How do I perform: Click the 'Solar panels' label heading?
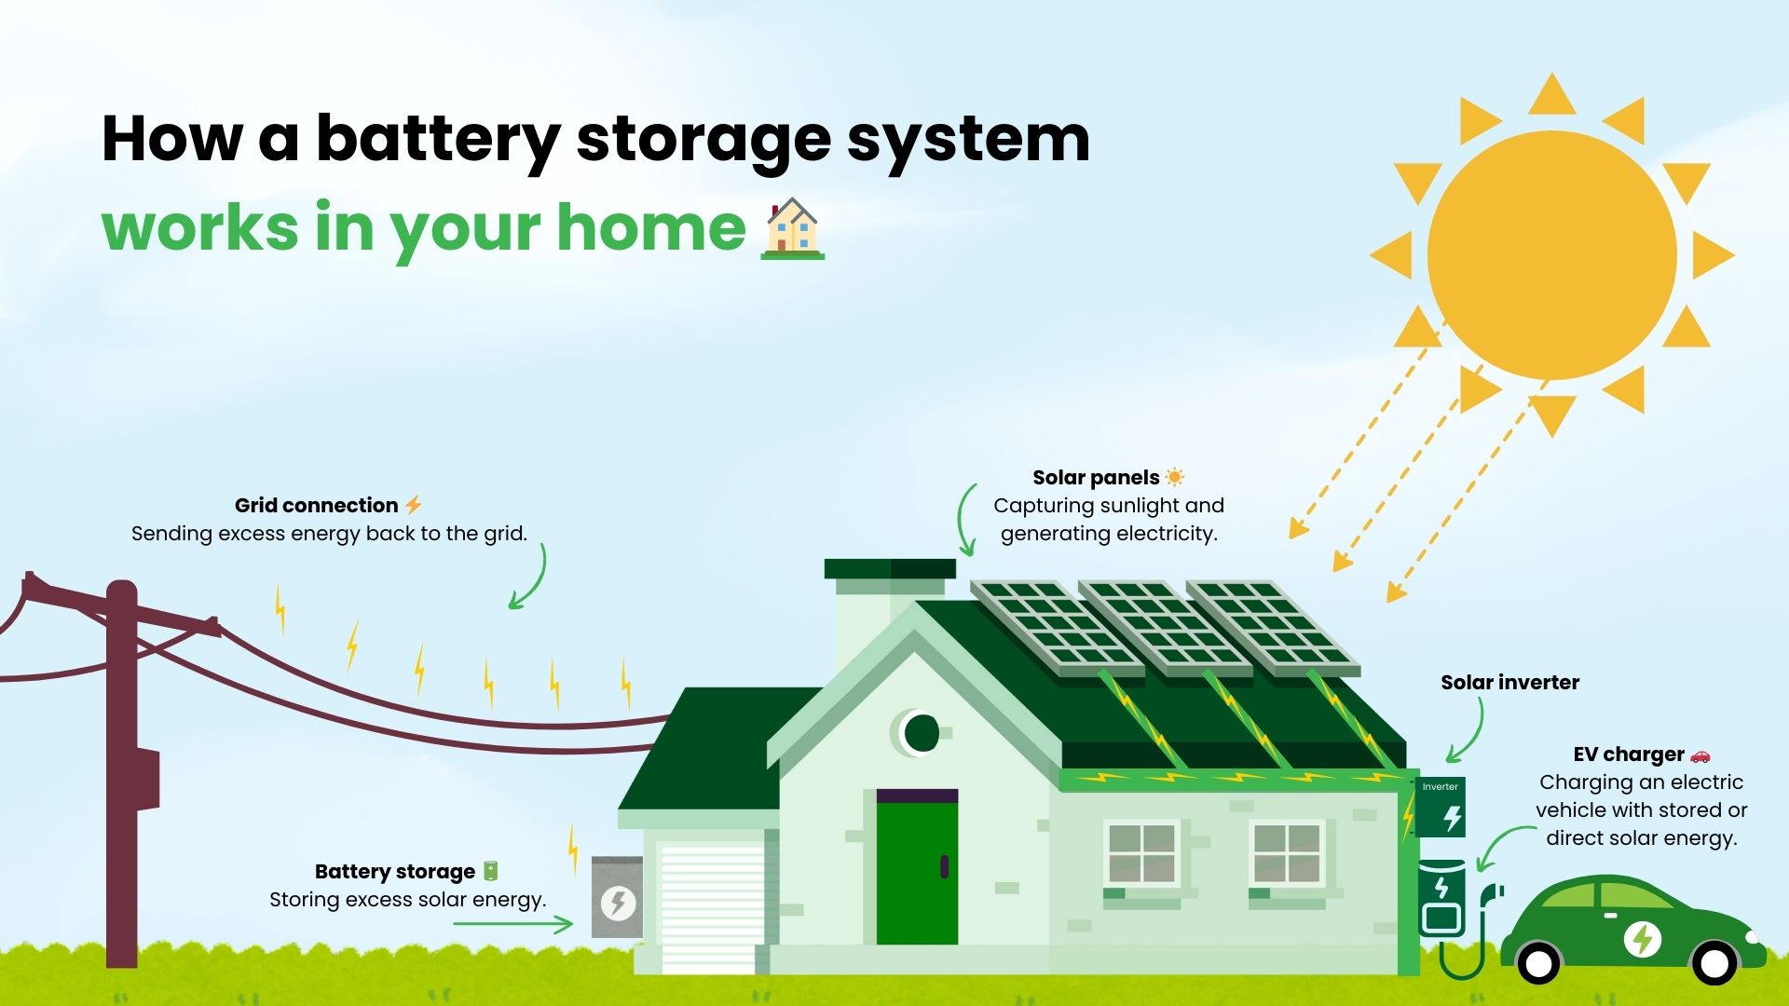[x=1096, y=478]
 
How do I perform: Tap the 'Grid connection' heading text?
[x=316, y=506]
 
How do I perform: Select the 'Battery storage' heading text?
[x=395, y=872]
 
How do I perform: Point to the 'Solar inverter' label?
[x=1509, y=683]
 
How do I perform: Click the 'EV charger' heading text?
[x=1629, y=754]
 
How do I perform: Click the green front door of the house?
[x=917, y=872]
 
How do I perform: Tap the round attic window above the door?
[x=921, y=733]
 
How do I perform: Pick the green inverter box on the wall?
[x=1441, y=807]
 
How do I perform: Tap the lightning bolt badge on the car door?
[x=1642, y=939]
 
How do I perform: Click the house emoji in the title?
[x=793, y=228]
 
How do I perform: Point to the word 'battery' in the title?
[x=438, y=140]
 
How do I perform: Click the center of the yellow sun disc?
[x=1551, y=255]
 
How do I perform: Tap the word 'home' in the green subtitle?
[x=651, y=228]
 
